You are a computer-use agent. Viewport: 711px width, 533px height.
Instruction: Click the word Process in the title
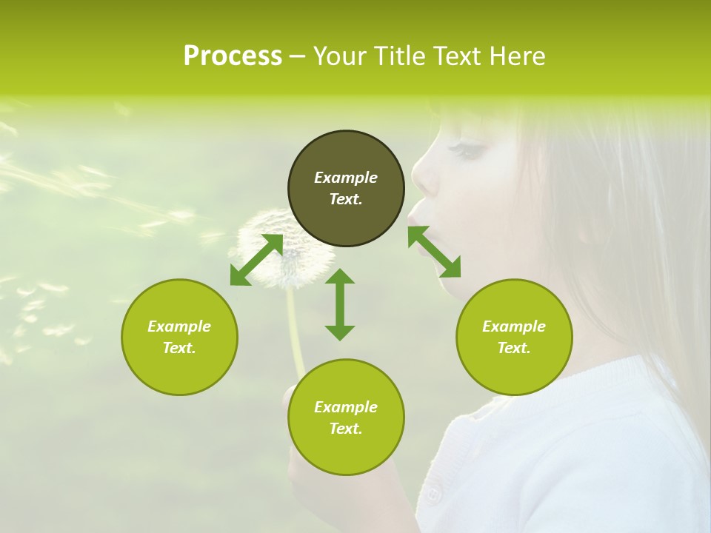point(233,56)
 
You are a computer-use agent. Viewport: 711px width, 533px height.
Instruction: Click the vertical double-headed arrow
point(340,304)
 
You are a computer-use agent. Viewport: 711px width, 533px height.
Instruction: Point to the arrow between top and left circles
point(256,260)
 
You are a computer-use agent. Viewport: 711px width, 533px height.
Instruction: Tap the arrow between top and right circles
point(434,252)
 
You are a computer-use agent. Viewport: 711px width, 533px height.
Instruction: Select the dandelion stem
point(296,333)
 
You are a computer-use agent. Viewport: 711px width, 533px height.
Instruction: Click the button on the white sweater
point(433,493)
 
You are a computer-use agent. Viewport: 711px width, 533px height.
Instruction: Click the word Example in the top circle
point(346,178)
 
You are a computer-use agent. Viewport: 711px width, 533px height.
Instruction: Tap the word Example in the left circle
point(179,326)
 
